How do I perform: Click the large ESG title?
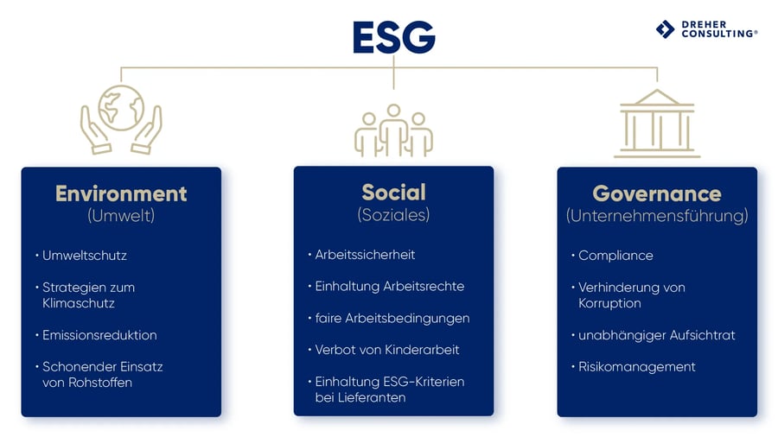(x=393, y=37)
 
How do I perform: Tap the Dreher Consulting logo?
(x=706, y=28)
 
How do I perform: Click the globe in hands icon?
(x=121, y=120)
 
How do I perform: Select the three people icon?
(x=393, y=130)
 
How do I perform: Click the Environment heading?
(x=121, y=193)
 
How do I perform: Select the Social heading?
(x=393, y=192)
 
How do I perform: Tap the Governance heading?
(x=657, y=193)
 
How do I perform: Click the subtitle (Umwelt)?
(x=121, y=216)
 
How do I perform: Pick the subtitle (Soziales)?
(x=393, y=214)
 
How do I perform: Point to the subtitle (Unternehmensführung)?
(x=657, y=216)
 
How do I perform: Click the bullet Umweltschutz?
(x=85, y=256)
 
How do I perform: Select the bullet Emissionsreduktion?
(x=99, y=335)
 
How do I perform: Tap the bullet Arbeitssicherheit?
(x=365, y=255)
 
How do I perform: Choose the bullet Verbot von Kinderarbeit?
(x=386, y=350)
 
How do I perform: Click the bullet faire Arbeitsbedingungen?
(x=392, y=318)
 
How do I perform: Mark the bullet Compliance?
(x=615, y=256)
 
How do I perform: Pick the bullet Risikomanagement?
(x=636, y=367)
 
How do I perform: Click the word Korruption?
(x=609, y=303)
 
